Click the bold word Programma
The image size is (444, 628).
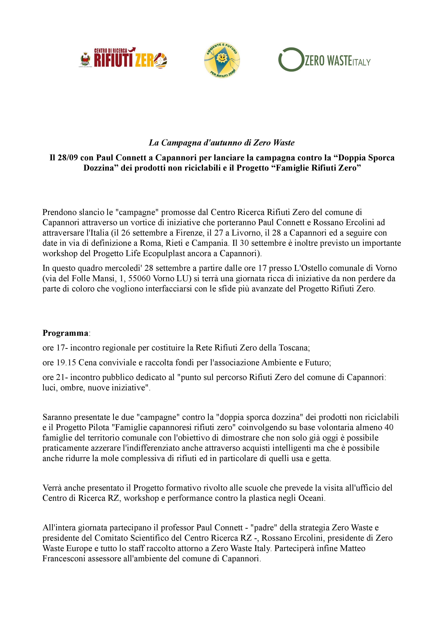click(x=65, y=333)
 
